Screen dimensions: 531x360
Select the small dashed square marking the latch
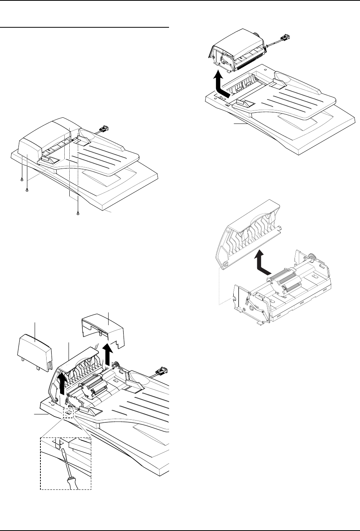click(x=68, y=413)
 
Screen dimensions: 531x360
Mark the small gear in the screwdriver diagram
click(x=115, y=365)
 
